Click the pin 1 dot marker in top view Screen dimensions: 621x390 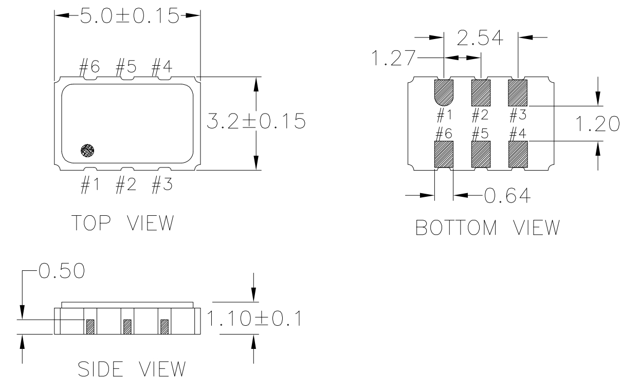87,151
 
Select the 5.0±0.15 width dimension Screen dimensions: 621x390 130,16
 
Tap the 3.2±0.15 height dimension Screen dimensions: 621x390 256,121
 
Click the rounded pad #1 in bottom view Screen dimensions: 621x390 444,92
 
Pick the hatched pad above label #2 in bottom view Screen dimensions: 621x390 481,92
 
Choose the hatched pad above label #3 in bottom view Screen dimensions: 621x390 518,92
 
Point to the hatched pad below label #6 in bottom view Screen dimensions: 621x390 444,154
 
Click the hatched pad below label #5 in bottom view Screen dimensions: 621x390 481,154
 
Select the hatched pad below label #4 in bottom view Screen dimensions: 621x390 518,154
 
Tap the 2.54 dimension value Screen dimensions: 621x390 480,38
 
